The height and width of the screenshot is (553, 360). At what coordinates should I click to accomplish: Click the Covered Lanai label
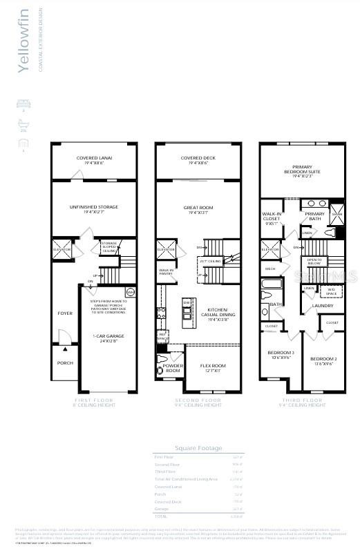[94, 160]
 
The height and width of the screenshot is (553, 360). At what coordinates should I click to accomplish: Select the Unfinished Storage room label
[94, 208]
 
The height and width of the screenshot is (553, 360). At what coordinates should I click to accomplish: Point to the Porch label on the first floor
[64, 362]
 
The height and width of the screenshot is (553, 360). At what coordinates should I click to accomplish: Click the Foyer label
[64, 313]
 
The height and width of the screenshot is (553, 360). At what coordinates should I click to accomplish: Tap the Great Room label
[198, 208]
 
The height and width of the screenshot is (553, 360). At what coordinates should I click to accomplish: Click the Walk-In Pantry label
[166, 272]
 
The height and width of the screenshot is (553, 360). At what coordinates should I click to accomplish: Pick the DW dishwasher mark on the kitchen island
[187, 303]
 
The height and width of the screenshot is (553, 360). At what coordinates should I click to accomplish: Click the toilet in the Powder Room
[162, 359]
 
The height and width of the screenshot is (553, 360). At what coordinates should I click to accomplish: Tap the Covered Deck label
[198, 160]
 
